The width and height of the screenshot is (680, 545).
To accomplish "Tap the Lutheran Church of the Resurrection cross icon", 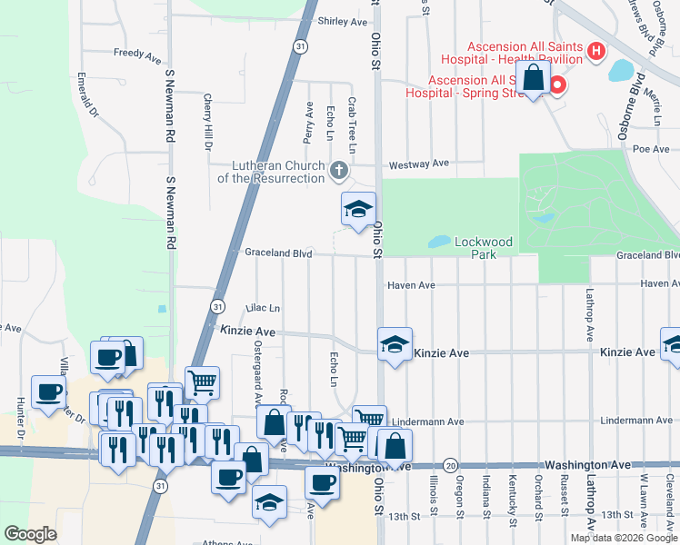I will click(x=338, y=170).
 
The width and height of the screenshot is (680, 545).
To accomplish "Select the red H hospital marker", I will click(x=596, y=51).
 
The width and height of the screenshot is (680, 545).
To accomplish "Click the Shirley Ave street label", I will click(x=343, y=21).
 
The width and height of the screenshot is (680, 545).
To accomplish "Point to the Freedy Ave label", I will click(x=137, y=54).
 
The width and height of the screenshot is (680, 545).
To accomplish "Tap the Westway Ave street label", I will click(x=419, y=163).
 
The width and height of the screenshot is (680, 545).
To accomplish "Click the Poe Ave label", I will click(x=651, y=148).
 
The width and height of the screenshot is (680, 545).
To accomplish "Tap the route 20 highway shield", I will click(x=452, y=463).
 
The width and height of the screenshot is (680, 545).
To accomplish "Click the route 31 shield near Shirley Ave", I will click(x=299, y=45).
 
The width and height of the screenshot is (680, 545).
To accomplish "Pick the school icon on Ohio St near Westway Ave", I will click(x=358, y=209).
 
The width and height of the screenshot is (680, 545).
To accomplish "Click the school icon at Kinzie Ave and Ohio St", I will click(x=395, y=344).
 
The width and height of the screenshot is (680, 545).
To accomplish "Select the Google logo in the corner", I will click(x=30, y=533).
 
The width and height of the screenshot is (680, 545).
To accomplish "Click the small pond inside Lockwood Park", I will click(x=438, y=243).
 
